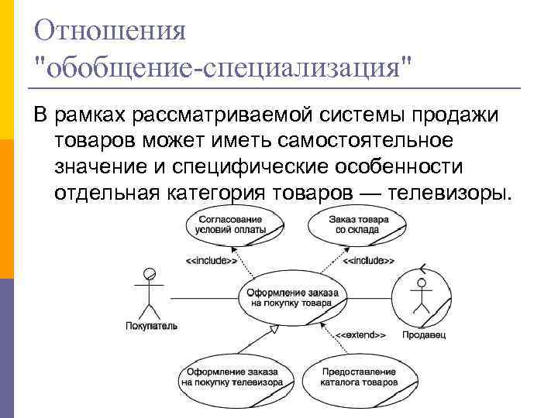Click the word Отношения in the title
[111, 32]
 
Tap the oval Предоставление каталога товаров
[360, 377]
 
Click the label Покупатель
[151, 326]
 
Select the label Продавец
[424, 335]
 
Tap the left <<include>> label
[211, 261]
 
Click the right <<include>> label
[369, 261]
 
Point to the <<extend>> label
[361, 335]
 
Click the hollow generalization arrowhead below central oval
[272, 331]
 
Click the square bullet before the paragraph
[39, 117]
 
